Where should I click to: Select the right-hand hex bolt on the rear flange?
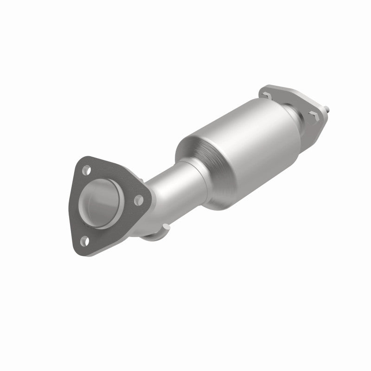pos(314,115)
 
